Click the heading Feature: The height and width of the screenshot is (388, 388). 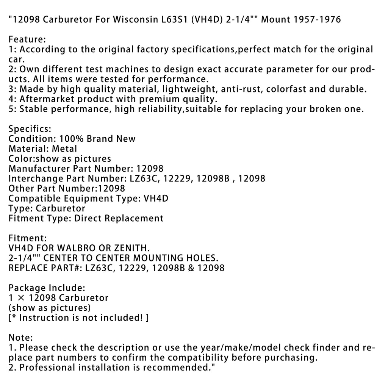27,39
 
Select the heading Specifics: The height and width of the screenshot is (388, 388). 30,129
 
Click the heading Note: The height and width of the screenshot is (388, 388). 21,338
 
